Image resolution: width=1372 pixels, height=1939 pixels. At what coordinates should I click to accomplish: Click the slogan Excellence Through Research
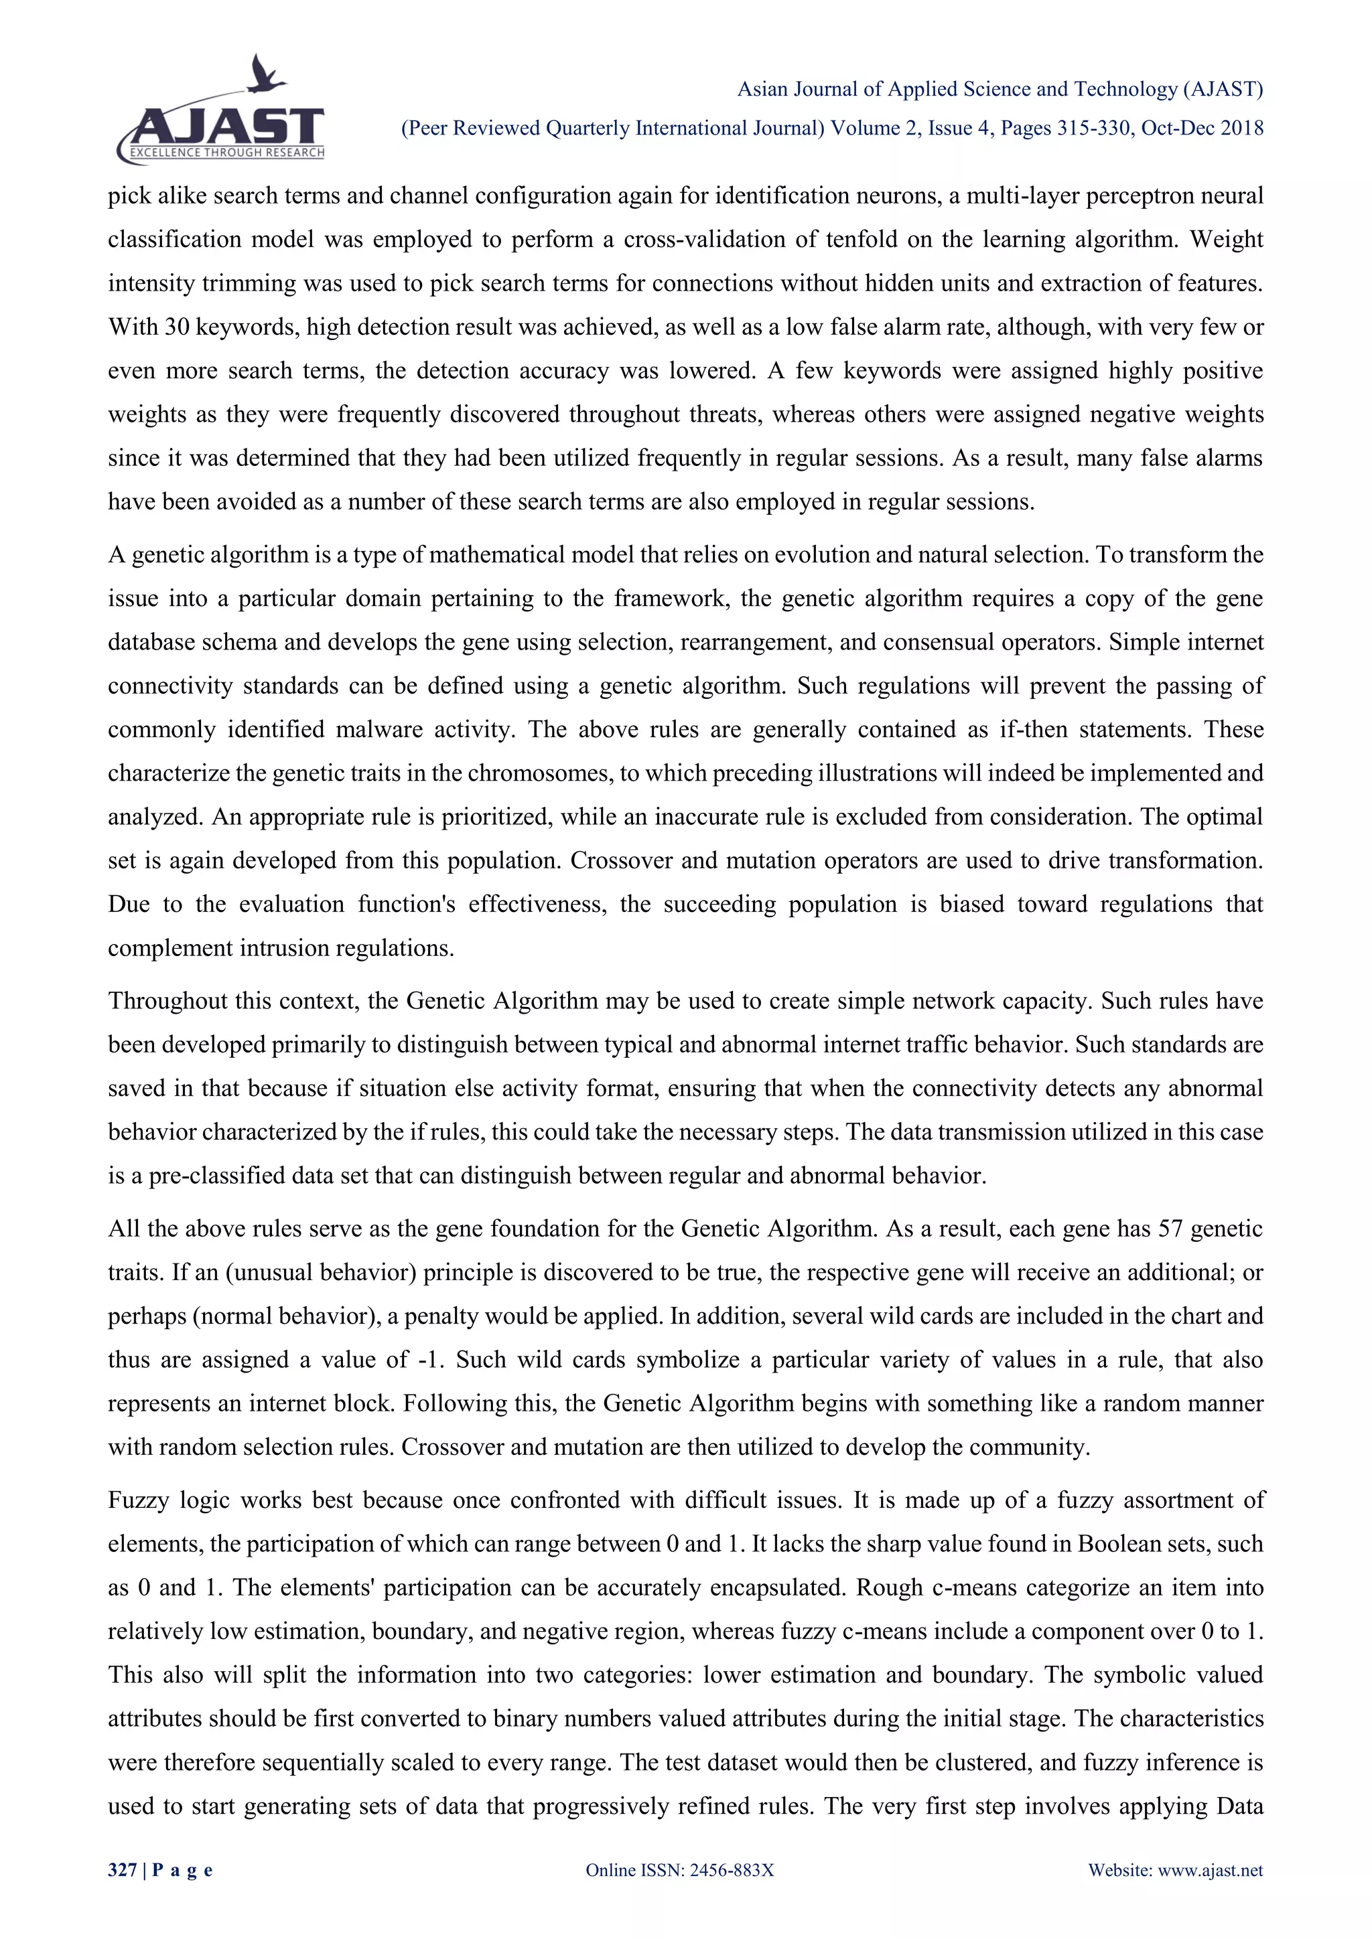click(x=226, y=153)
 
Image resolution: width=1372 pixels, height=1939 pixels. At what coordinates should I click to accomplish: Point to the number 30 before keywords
click(x=177, y=327)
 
